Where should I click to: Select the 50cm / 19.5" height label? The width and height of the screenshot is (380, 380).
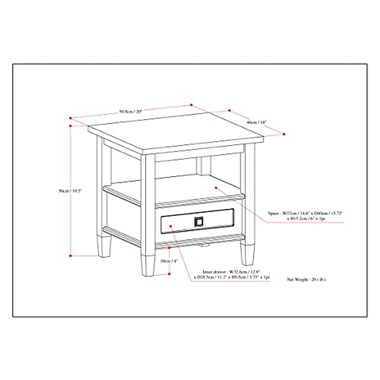[x=70, y=191]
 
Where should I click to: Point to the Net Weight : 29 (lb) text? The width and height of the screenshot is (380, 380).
[x=306, y=280]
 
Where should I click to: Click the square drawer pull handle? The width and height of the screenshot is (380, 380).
[x=198, y=222]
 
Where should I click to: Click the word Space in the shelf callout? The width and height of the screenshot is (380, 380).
[x=274, y=214]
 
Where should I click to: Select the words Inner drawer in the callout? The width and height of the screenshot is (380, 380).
[x=214, y=272]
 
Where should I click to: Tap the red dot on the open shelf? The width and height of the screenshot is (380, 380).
[x=216, y=187]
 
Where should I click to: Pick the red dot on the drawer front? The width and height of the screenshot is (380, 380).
[x=171, y=226]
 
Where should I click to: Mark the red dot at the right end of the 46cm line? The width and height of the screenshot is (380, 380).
[x=284, y=134]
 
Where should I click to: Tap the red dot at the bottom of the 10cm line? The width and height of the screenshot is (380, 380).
[x=169, y=274]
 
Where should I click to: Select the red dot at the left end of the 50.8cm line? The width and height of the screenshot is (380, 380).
[x=71, y=118]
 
